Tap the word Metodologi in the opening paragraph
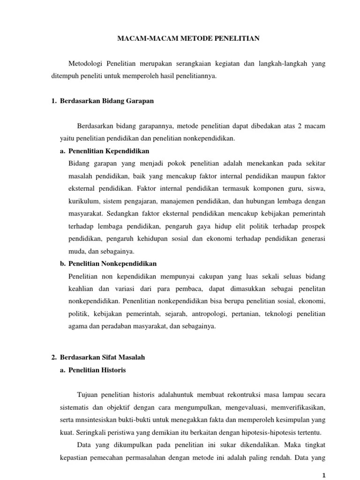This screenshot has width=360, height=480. pos(85,63)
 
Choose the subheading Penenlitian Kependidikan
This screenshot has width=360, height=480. pos(109,151)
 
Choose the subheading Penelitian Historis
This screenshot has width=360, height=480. pos(97,370)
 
